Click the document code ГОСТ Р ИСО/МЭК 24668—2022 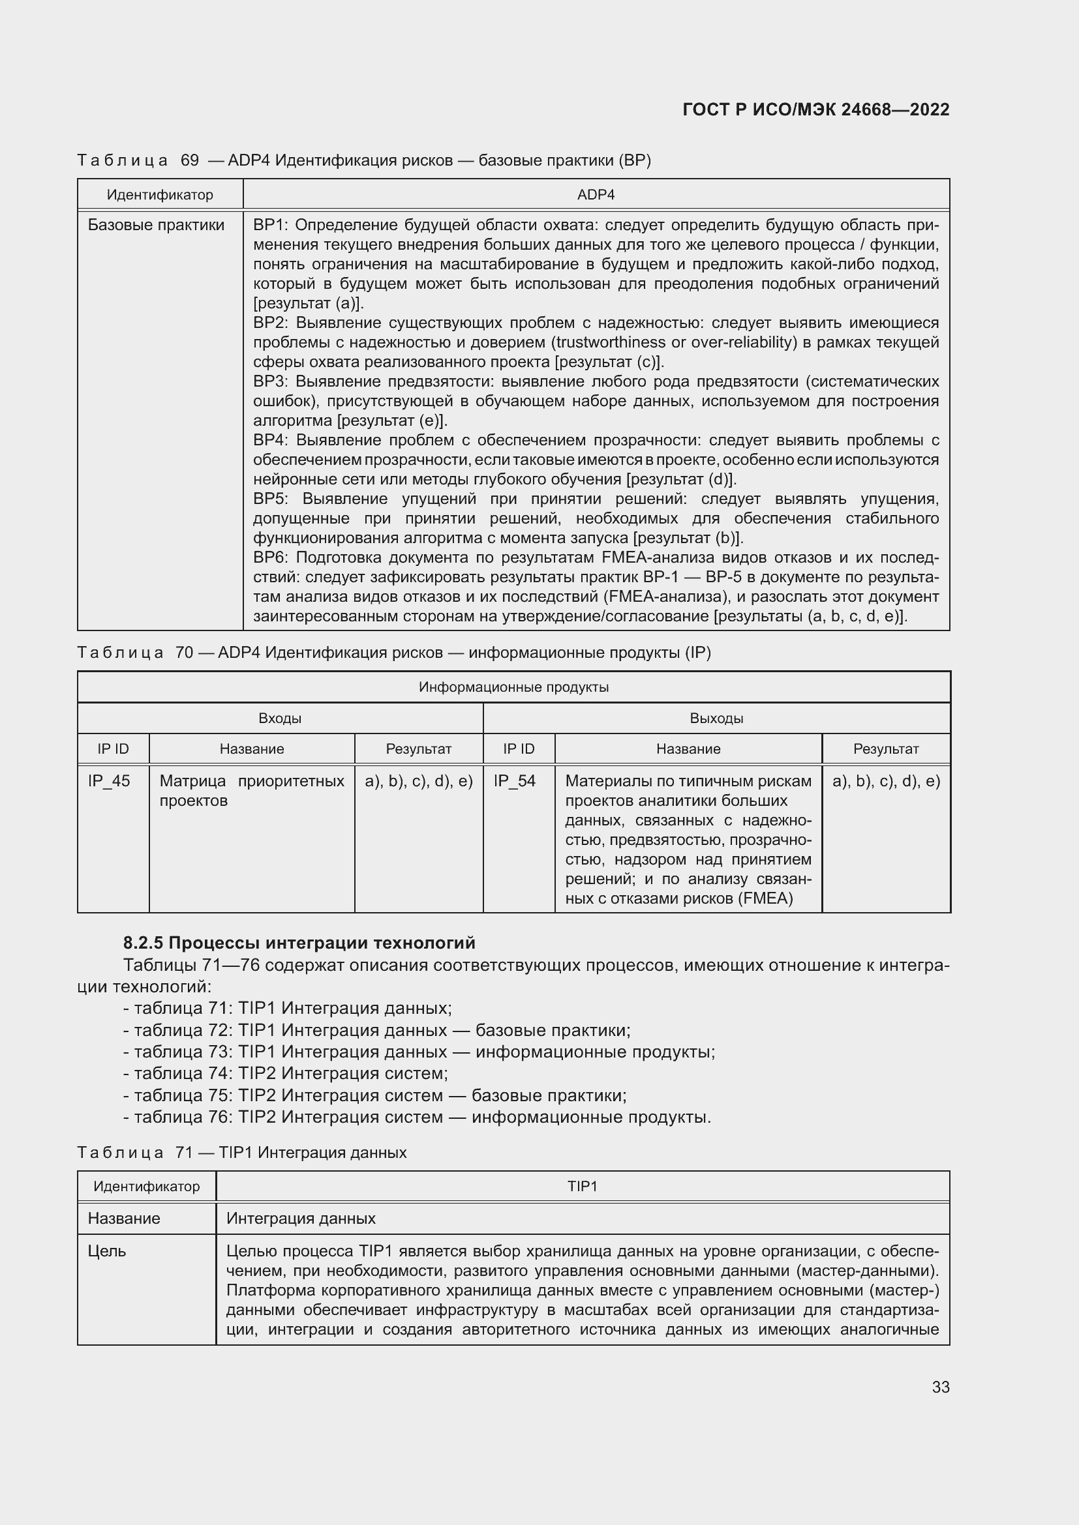[815, 110]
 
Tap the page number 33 [940, 1387]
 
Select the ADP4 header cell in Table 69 [596, 194]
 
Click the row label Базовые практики [156, 225]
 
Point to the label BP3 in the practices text [268, 381]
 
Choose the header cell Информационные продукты [513, 687]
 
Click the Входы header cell [280, 718]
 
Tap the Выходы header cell [716, 718]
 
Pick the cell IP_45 [109, 781]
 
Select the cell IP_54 [514, 781]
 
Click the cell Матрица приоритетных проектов [251, 790]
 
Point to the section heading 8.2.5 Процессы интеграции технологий [299, 943]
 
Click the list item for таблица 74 [286, 1073]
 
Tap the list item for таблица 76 [417, 1116]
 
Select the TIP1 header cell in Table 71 [582, 1186]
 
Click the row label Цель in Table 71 [107, 1251]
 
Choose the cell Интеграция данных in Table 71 [301, 1218]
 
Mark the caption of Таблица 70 [393, 652]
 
